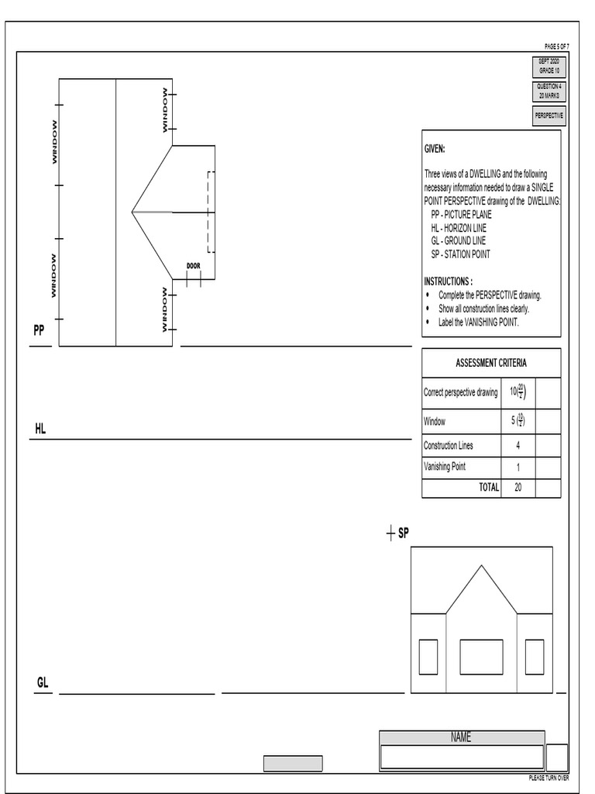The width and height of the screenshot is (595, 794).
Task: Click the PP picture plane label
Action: click(39, 330)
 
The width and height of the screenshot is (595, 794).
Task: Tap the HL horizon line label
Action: click(40, 428)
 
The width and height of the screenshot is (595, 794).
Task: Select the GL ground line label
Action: click(43, 682)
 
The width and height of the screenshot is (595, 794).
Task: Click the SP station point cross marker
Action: click(390, 533)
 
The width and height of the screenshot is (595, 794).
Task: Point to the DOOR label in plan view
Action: click(194, 266)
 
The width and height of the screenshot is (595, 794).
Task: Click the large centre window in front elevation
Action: click(481, 657)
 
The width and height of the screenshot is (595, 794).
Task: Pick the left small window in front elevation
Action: click(428, 657)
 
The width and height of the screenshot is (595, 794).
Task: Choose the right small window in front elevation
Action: click(535, 657)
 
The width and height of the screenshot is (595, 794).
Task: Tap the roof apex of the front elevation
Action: click(482, 566)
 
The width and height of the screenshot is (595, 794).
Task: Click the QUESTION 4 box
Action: click(549, 91)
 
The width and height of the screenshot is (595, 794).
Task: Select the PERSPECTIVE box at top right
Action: click(549, 116)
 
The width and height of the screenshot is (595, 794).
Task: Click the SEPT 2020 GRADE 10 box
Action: click(549, 66)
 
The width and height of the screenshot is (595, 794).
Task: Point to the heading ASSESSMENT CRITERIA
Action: click(491, 363)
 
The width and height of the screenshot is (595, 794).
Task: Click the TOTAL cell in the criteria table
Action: click(488, 488)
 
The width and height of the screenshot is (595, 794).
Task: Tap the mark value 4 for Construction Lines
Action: click(518, 446)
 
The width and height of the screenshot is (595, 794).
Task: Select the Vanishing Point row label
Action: click(445, 467)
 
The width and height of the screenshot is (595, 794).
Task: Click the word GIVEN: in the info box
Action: click(435, 149)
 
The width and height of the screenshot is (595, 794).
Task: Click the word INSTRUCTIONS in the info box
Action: click(447, 281)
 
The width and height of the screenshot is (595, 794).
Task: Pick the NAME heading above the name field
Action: click(461, 737)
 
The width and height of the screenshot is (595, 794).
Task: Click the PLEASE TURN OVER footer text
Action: click(549, 778)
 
